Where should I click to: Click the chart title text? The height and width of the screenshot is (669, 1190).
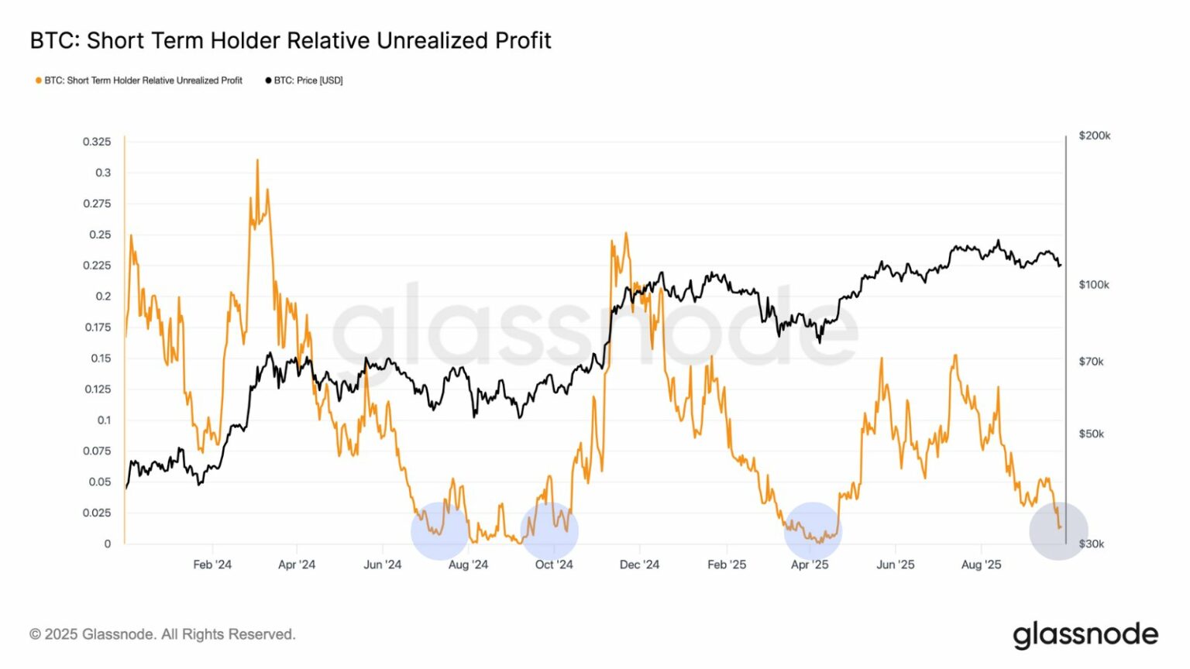291,40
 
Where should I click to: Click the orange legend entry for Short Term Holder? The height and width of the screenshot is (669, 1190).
139,81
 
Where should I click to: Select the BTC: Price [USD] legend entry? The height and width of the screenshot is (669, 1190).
304,81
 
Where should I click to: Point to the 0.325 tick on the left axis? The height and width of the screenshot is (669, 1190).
97,142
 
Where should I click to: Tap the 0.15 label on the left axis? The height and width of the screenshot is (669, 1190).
101,359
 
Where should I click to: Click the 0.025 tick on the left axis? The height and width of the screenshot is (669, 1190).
97,513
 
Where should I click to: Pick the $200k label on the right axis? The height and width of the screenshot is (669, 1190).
1094,136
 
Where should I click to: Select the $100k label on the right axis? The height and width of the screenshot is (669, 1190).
1093,285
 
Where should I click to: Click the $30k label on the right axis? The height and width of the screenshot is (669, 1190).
1091,544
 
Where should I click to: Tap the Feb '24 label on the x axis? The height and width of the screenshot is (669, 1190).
212,564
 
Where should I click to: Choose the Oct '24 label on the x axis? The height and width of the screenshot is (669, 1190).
554,564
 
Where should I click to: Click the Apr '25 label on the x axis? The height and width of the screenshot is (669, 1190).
810,564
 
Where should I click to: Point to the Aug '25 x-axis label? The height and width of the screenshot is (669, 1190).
981,564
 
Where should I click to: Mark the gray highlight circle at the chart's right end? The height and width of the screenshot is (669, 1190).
1058,530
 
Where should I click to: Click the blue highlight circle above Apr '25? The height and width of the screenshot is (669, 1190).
812,531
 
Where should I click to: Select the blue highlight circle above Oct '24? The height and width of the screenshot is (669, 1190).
549,531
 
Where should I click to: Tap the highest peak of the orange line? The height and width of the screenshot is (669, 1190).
257,160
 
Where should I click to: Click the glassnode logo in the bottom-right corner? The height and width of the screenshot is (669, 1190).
1085,634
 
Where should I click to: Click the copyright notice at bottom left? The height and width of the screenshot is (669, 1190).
163,634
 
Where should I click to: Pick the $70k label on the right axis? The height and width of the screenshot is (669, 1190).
1091,362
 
